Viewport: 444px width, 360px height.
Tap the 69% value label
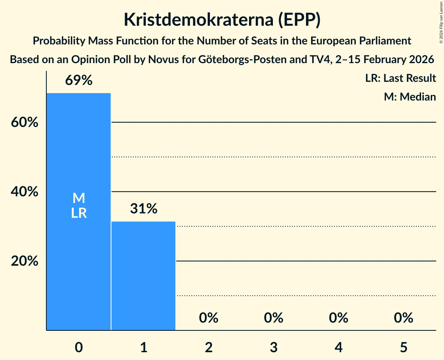pyautogui.click(x=79, y=81)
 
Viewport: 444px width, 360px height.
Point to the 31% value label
pyautogui.click(x=143, y=209)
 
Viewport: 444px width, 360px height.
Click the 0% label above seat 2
pyautogui.click(x=209, y=318)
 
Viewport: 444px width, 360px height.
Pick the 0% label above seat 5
pyautogui.click(x=403, y=318)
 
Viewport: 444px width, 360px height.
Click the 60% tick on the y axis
pyautogui.click(x=25, y=122)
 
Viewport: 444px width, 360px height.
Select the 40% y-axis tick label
pyautogui.click(x=25, y=192)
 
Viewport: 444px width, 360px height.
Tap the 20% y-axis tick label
pyautogui.click(x=25, y=261)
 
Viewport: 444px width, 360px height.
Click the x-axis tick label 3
pyautogui.click(x=274, y=347)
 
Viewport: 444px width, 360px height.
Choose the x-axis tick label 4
pyautogui.click(x=338, y=347)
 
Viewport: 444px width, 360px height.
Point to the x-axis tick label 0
pyautogui.click(x=79, y=347)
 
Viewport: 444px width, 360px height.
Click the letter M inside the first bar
pyautogui.click(x=79, y=198)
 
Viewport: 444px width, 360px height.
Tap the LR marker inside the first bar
pyautogui.click(x=79, y=213)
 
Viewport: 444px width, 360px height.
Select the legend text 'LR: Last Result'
pyautogui.click(x=400, y=78)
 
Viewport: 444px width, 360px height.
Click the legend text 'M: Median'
pyautogui.click(x=410, y=97)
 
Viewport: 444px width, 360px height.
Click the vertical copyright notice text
pyautogui.click(x=441, y=21)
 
